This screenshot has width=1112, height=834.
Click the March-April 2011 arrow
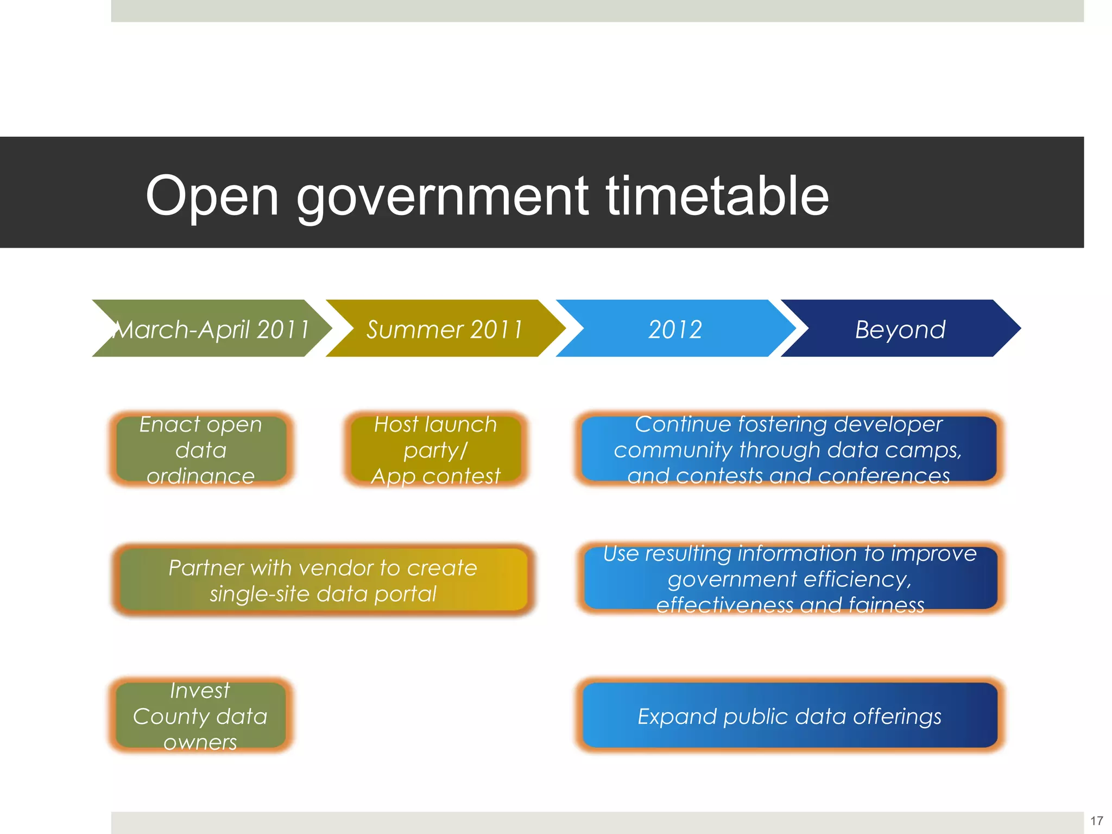[x=212, y=328]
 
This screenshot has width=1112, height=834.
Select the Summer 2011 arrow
[x=444, y=328]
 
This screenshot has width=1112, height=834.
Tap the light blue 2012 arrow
[x=675, y=328]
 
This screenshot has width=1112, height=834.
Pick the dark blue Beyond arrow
[x=900, y=328]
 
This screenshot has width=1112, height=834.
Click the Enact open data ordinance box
[x=201, y=449]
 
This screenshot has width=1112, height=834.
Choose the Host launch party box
[x=435, y=449]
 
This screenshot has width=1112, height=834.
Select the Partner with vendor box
[x=323, y=580]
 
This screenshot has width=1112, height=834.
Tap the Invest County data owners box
[x=200, y=716]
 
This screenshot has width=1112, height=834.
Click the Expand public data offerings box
[x=789, y=716]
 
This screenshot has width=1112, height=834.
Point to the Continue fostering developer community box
[x=788, y=449]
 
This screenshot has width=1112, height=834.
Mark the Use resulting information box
[x=790, y=578]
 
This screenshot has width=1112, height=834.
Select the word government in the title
[x=442, y=197]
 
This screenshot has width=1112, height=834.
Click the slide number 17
[x=1096, y=820]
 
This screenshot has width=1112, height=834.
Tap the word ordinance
[x=200, y=476]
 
